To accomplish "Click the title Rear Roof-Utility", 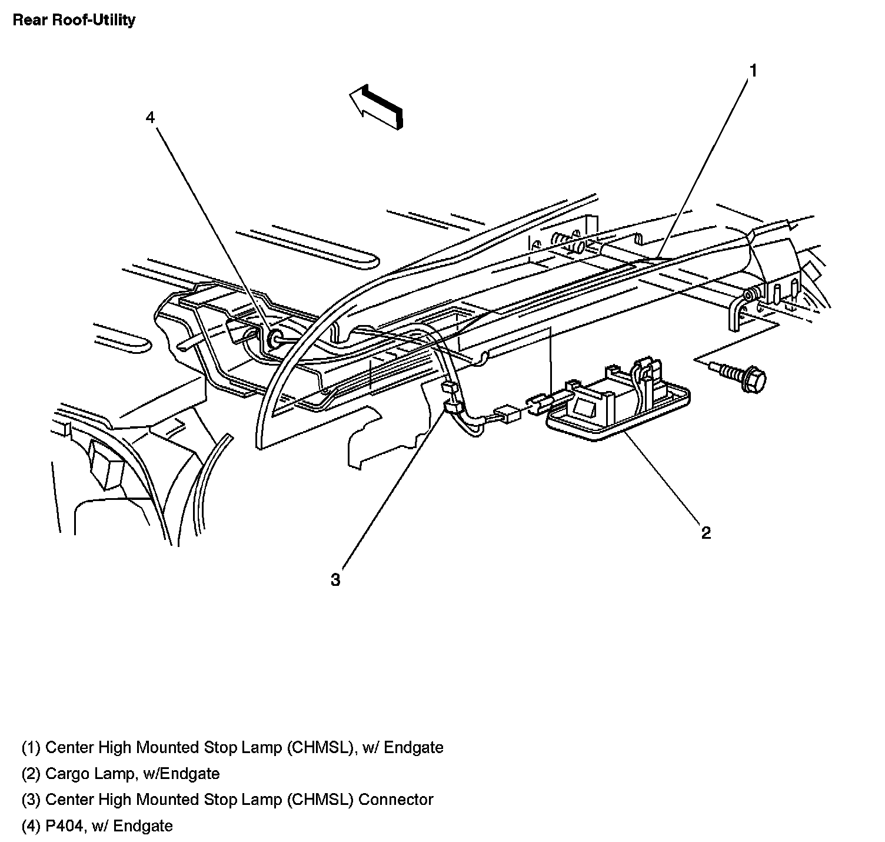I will [x=74, y=20].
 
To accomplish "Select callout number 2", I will [x=706, y=533].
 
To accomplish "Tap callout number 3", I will [x=335, y=580].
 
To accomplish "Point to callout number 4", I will [x=151, y=118].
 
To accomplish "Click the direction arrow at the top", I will [x=377, y=106].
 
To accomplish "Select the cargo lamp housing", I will [x=618, y=406].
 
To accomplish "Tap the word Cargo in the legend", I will [x=66, y=773].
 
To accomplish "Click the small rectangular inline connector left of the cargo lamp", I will [x=508, y=413].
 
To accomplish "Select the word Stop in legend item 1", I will [x=220, y=747].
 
